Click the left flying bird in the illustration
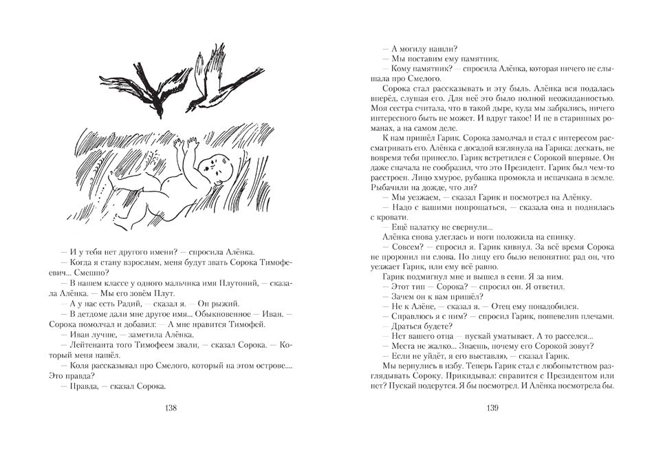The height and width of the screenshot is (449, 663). coord(155,86)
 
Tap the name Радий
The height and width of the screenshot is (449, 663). coord(141,303)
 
